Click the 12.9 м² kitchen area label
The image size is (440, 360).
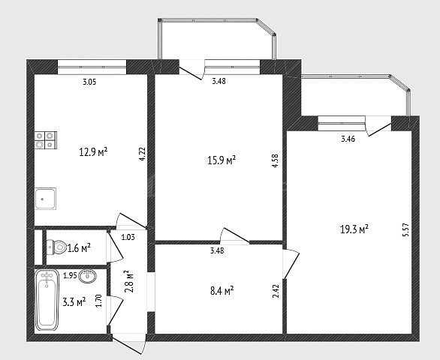(93, 152)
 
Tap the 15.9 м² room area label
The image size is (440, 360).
(222, 160)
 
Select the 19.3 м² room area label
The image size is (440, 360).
(354, 229)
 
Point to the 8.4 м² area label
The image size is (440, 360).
(222, 291)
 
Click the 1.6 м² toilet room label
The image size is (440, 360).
(79, 248)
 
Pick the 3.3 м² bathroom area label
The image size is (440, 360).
(74, 302)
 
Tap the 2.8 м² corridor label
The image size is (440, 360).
(128, 281)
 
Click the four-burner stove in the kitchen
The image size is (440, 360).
(46, 140)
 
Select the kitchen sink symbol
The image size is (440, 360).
(46, 199)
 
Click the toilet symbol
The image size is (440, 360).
(56, 247)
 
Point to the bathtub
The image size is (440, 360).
(47, 300)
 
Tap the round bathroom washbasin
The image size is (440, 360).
(88, 276)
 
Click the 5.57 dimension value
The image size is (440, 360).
(405, 230)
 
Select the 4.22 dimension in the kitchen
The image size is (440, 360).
(143, 154)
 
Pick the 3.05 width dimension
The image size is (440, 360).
(89, 82)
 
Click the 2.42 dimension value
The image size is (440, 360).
(276, 291)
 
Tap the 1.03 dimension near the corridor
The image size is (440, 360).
(128, 238)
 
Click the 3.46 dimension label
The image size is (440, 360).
(348, 139)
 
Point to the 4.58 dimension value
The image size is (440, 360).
(276, 160)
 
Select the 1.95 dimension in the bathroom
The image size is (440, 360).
(70, 275)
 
